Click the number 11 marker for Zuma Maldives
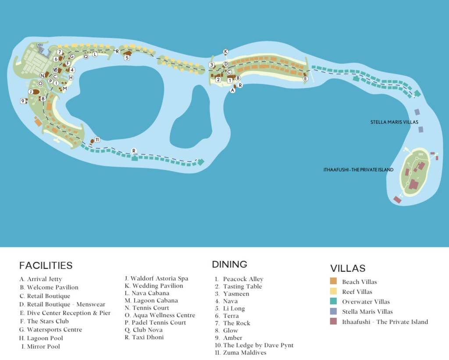coord(97,140)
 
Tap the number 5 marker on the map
coord(127,57)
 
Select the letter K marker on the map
coord(226,52)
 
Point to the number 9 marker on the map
coord(22,101)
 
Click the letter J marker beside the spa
coord(31,92)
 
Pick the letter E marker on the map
coord(306,79)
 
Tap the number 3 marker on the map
coord(211,65)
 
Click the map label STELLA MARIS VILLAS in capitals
coord(394,122)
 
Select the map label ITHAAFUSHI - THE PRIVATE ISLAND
coord(358,170)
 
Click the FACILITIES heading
coord(46,265)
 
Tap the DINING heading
coord(229,264)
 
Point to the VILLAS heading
coord(348,268)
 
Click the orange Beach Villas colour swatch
coord(334,282)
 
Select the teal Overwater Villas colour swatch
coord(334,302)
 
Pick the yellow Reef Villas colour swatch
coord(334,292)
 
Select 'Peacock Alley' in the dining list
coord(243,279)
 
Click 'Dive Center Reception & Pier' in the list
coord(68,313)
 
